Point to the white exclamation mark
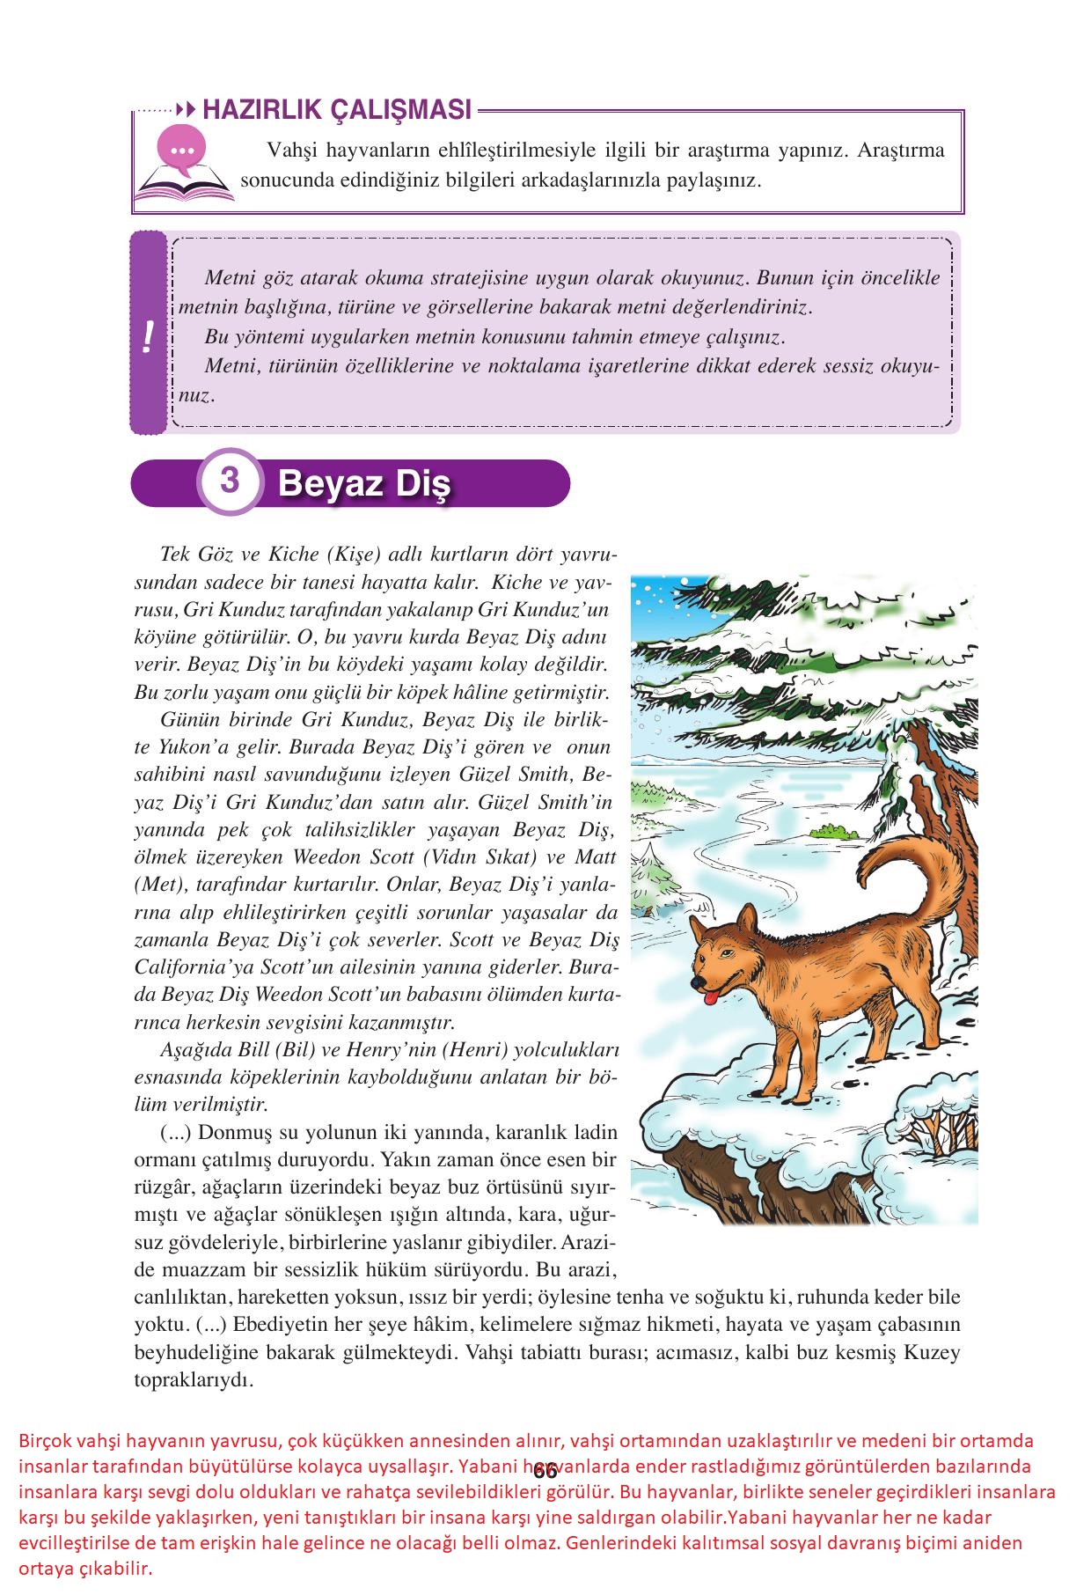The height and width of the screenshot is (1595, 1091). tap(148, 335)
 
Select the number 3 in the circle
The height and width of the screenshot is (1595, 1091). tap(230, 481)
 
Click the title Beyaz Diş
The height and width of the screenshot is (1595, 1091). tap(362, 484)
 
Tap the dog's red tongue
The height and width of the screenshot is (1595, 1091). tap(709, 996)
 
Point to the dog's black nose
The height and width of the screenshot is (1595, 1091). tap(695, 981)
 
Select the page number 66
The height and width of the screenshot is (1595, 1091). tap(545, 1471)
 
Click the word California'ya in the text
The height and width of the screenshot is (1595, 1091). tap(185, 967)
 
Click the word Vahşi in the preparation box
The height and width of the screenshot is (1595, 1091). tap(291, 150)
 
